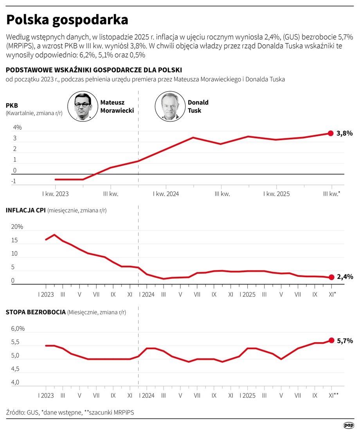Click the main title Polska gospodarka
[67, 20]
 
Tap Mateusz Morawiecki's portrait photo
[82, 106]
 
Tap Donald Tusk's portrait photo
[169, 106]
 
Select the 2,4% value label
[345, 277]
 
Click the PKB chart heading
[12, 105]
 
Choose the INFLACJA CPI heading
[26, 210]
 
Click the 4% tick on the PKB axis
[17, 128]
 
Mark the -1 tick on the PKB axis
[14, 181]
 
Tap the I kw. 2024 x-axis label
[166, 193]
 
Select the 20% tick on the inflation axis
[17, 227]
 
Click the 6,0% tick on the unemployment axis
[18, 329]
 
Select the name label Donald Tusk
[198, 106]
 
